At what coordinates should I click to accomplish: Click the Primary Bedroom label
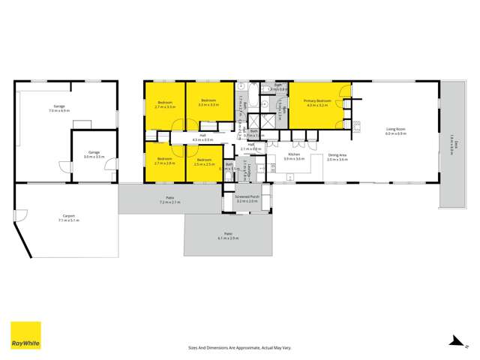coord(318,101)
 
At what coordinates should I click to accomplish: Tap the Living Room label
coord(396,130)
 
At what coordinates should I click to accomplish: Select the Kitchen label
coord(294,155)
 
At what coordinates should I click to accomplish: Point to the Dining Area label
coord(337,155)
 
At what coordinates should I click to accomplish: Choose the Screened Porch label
coord(247,198)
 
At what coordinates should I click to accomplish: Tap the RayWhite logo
coord(25,335)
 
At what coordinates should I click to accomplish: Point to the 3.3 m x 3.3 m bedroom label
coord(208,103)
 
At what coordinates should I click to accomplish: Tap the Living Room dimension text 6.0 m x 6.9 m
coord(396,133)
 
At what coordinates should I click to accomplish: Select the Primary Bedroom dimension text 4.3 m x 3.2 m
coord(318,105)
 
